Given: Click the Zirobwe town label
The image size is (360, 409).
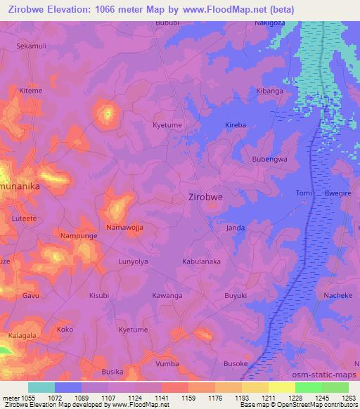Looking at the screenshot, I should [206, 197].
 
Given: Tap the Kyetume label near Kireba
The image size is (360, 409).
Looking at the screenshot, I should [167, 124].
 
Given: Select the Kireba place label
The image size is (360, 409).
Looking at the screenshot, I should [235, 125].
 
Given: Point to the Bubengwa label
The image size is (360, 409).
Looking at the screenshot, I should [270, 160].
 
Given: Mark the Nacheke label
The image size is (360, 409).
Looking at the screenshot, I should [337, 296].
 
